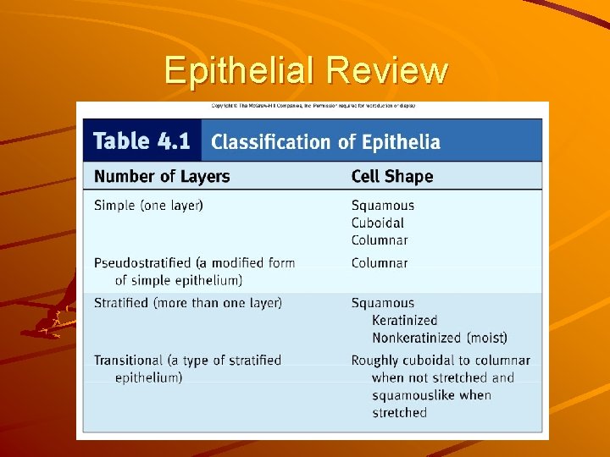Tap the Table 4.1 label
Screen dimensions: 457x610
coord(142,140)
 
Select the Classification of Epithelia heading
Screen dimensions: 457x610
coord(325,141)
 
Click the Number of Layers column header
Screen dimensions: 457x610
coord(162,176)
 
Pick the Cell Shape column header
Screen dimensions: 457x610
coord(392,176)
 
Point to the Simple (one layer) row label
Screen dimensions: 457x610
coord(148,205)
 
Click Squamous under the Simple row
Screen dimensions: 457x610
coord(383,205)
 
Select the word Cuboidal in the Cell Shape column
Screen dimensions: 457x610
coord(378,223)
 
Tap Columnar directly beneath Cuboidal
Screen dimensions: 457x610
coord(380,240)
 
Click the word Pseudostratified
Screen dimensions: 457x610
coord(145,262)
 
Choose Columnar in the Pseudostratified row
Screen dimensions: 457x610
coord(380,262)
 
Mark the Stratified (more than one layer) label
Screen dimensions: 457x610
coord(188,302)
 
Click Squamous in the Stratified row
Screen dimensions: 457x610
coord(383,302)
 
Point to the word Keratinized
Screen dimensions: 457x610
coord(405,320)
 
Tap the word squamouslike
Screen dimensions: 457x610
coord(413,395)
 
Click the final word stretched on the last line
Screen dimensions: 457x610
coord(400,413)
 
